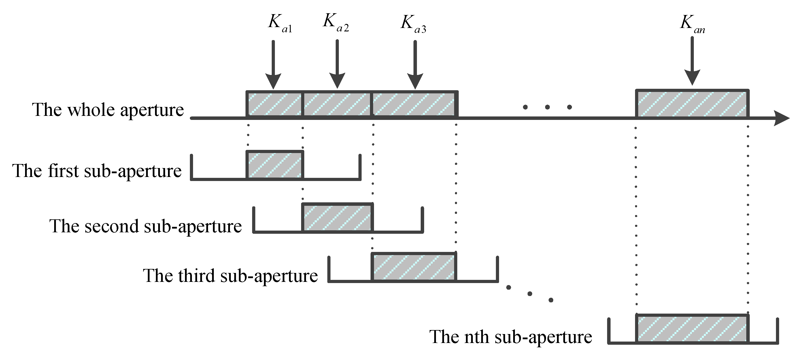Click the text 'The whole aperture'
pos(108,110)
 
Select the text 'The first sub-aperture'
pos(97,171)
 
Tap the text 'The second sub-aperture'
pos(146,226)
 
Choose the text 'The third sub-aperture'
pos(230,276)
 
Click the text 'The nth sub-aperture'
pos(511,337)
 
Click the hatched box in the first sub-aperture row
pos(275,165)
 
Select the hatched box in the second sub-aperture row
pos(337,218)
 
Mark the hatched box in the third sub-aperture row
pos(414,267)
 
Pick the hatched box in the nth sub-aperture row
pos(692,328)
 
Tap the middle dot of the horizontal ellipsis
pos(547,107)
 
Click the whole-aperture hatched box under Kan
pos(692,104)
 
